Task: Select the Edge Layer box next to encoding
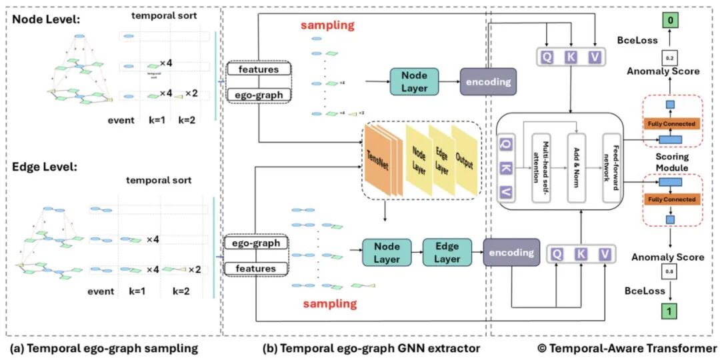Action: tap(448, 254)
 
